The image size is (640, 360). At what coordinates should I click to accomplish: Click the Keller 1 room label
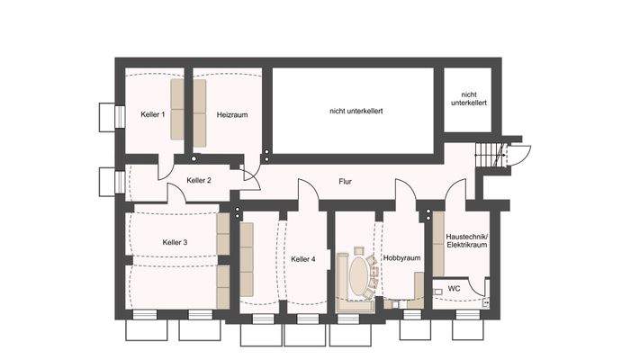[152, 115]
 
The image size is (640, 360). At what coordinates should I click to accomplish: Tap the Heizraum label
[231, 115]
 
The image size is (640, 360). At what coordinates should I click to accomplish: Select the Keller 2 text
[199, 180]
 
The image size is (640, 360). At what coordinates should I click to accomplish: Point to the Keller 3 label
[175, 242]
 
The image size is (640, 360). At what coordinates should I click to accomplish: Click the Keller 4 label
[303, 259]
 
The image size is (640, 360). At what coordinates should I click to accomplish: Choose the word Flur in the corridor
[345, 181]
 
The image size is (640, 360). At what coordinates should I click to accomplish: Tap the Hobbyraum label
[401, 258]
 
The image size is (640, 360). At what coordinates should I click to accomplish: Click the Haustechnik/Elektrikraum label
[466, 238]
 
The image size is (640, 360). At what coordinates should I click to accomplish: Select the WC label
[454, 289]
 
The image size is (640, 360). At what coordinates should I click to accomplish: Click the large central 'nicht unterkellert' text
[356, 111]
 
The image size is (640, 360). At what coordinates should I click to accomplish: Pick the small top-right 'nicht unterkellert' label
[468, 98]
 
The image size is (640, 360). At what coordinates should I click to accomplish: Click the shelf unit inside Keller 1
[177, 111]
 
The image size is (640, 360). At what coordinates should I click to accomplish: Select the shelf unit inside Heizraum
[200, 111]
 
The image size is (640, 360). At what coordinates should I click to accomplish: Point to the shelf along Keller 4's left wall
[247, 261]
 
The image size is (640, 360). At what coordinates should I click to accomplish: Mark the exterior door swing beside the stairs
[519, 153]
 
